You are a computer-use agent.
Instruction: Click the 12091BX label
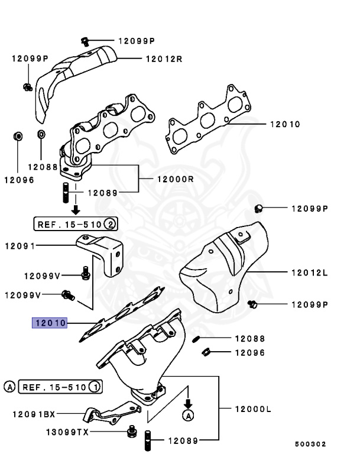(x=34, y=414)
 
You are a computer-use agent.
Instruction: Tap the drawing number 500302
(x=310, y=444)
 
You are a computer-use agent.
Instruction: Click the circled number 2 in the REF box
(x=110, y=224)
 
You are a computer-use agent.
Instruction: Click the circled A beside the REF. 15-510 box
(x=9, y=387)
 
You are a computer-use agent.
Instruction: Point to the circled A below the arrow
(x=188, y=416)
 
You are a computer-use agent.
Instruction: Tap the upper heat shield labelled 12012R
(x=77, y=74)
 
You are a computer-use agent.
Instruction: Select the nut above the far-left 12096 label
(x=18, y=137)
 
